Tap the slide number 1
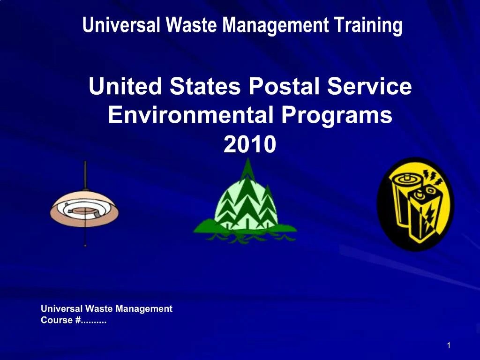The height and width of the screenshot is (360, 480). tap(449, 345)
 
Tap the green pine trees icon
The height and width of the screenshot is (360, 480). tap(245, 206)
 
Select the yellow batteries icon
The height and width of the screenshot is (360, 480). tap(415, 204)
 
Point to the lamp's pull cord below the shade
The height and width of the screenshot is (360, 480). tap(85, 234)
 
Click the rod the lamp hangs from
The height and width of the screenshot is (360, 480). tap(85, 174)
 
